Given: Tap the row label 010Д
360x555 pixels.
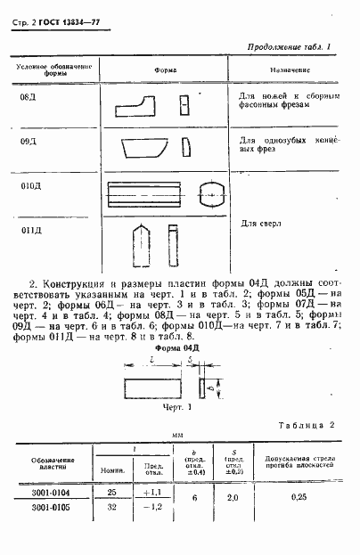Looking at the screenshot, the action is coord(31,187).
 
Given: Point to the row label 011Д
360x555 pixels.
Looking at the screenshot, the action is coord(31,231).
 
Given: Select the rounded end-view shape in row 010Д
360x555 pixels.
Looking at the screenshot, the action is coord(214,193).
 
